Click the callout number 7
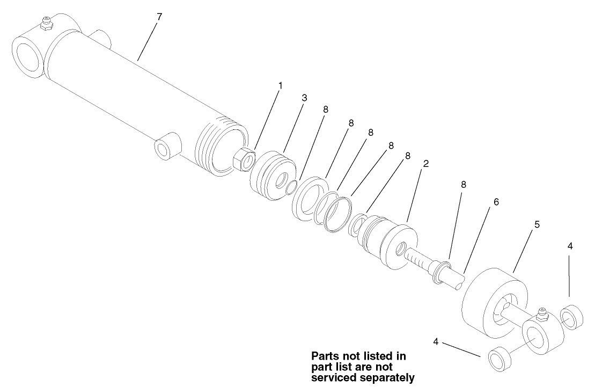click(x=159, y=17)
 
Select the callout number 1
click(x=280, y=85)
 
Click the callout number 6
click(x=496, y=202)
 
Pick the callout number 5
click(x=537, y=224)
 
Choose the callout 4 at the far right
click(x=570, y=246)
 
